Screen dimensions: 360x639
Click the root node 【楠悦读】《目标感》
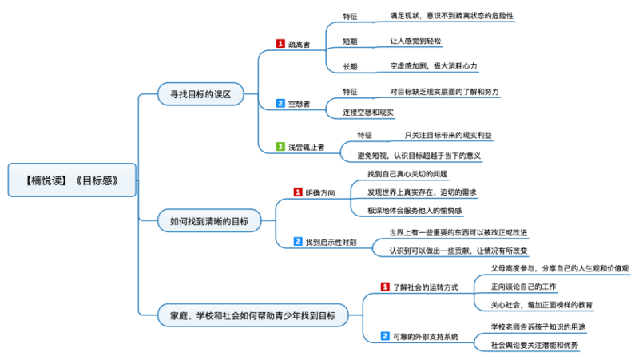tap(72, 180)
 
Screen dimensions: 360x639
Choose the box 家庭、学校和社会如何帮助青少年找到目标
tap(252, 316)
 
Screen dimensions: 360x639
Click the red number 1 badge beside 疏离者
tap(280, 44)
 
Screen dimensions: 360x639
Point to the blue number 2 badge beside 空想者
tap(280, 104)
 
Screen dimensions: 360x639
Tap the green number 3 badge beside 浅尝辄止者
tap(280, 147)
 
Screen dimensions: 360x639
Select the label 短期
tap(350, 41)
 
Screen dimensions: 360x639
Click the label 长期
tap(350, 65)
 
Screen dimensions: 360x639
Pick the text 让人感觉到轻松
tap(415, 41)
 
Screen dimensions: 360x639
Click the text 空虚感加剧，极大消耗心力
tap(434, 65)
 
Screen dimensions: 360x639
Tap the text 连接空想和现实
tap(368, 113)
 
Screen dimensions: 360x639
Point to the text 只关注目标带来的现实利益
tap(447, 135)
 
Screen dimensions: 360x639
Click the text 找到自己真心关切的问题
tap(407, 174)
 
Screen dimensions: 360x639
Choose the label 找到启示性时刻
tap(331, 242)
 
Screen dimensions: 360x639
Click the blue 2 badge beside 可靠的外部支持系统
tap(385, 337)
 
